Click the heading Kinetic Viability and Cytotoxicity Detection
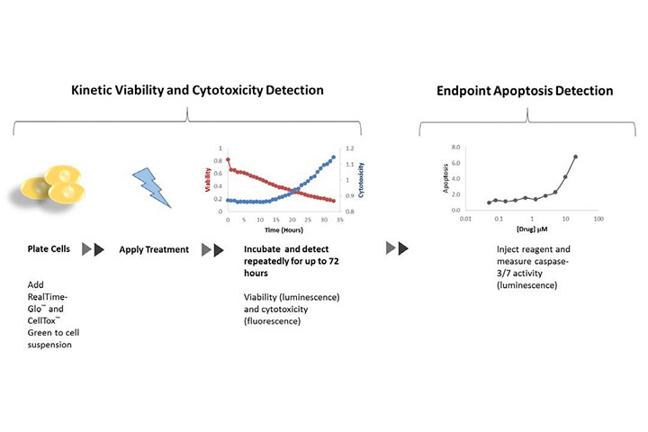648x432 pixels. tap(185, 91)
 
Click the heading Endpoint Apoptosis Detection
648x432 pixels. tap(525, 91)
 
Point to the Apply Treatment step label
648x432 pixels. tap(154, 249)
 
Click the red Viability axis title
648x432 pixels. tap(210, 180)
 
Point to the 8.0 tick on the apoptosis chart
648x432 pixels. tap(455, 148)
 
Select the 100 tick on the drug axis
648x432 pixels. tap(598, 218)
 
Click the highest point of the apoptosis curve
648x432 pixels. tap(575, 157)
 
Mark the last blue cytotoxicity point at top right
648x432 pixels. tap(335, 157)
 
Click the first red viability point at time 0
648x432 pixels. tap(228, 159)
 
